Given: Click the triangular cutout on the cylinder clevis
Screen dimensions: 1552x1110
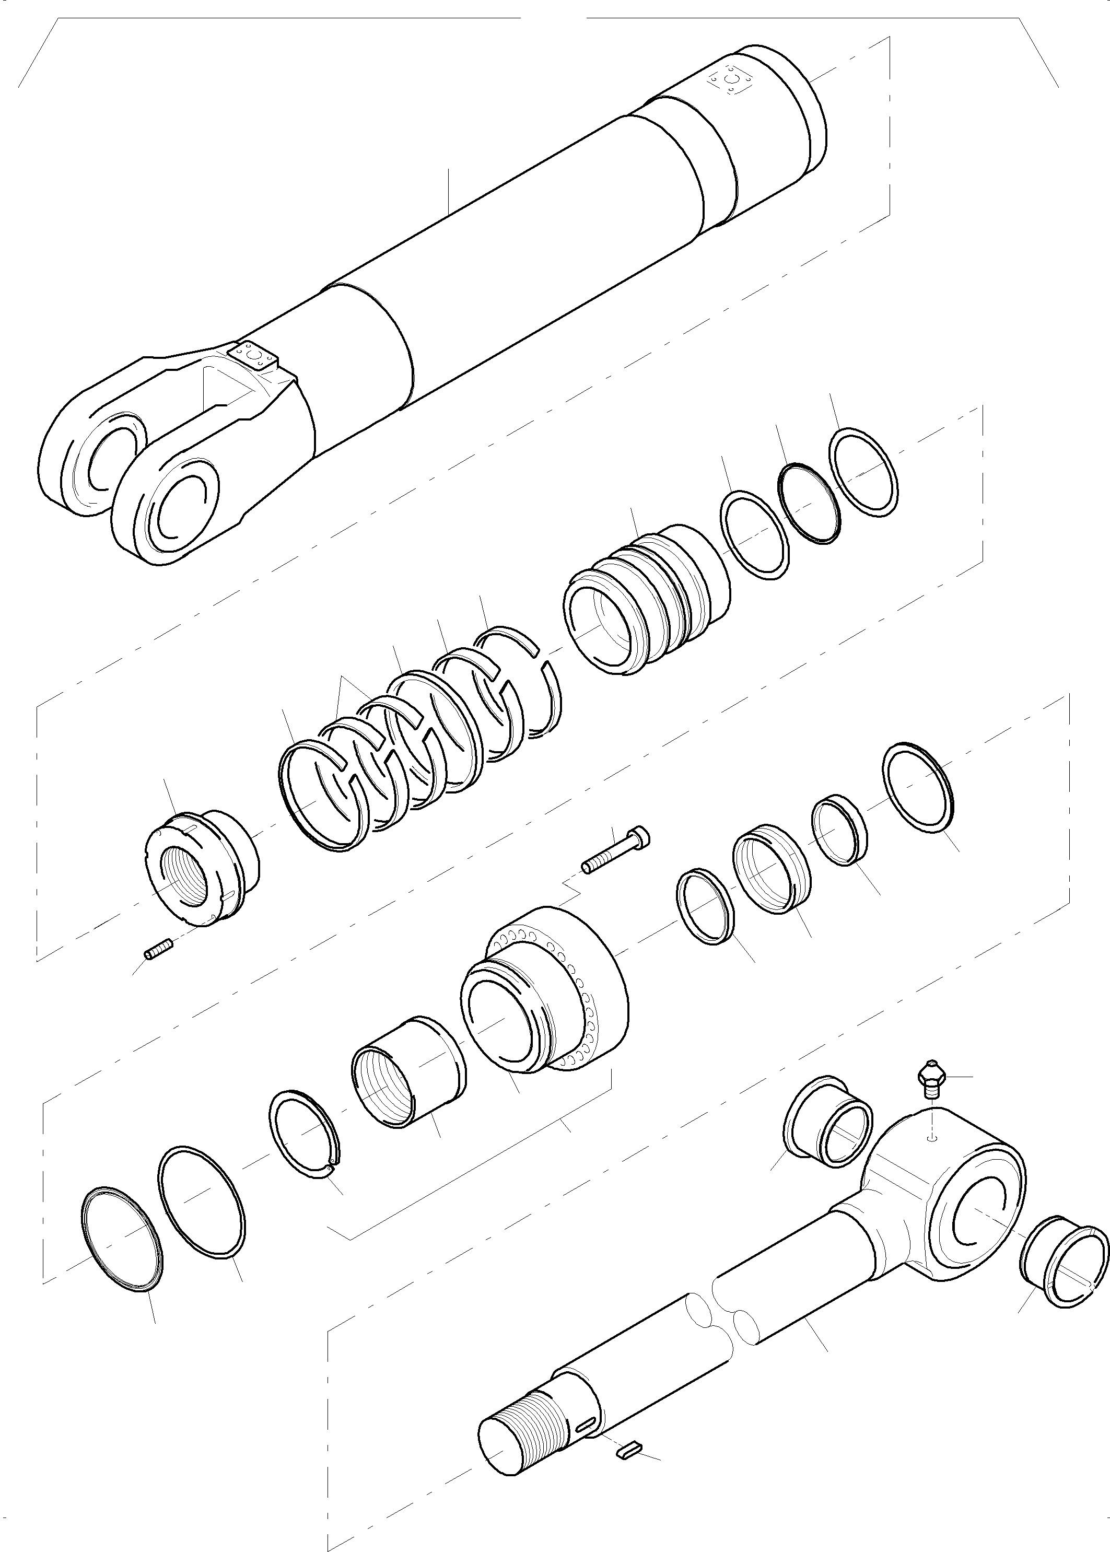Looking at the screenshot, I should [x=224, y=393].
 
